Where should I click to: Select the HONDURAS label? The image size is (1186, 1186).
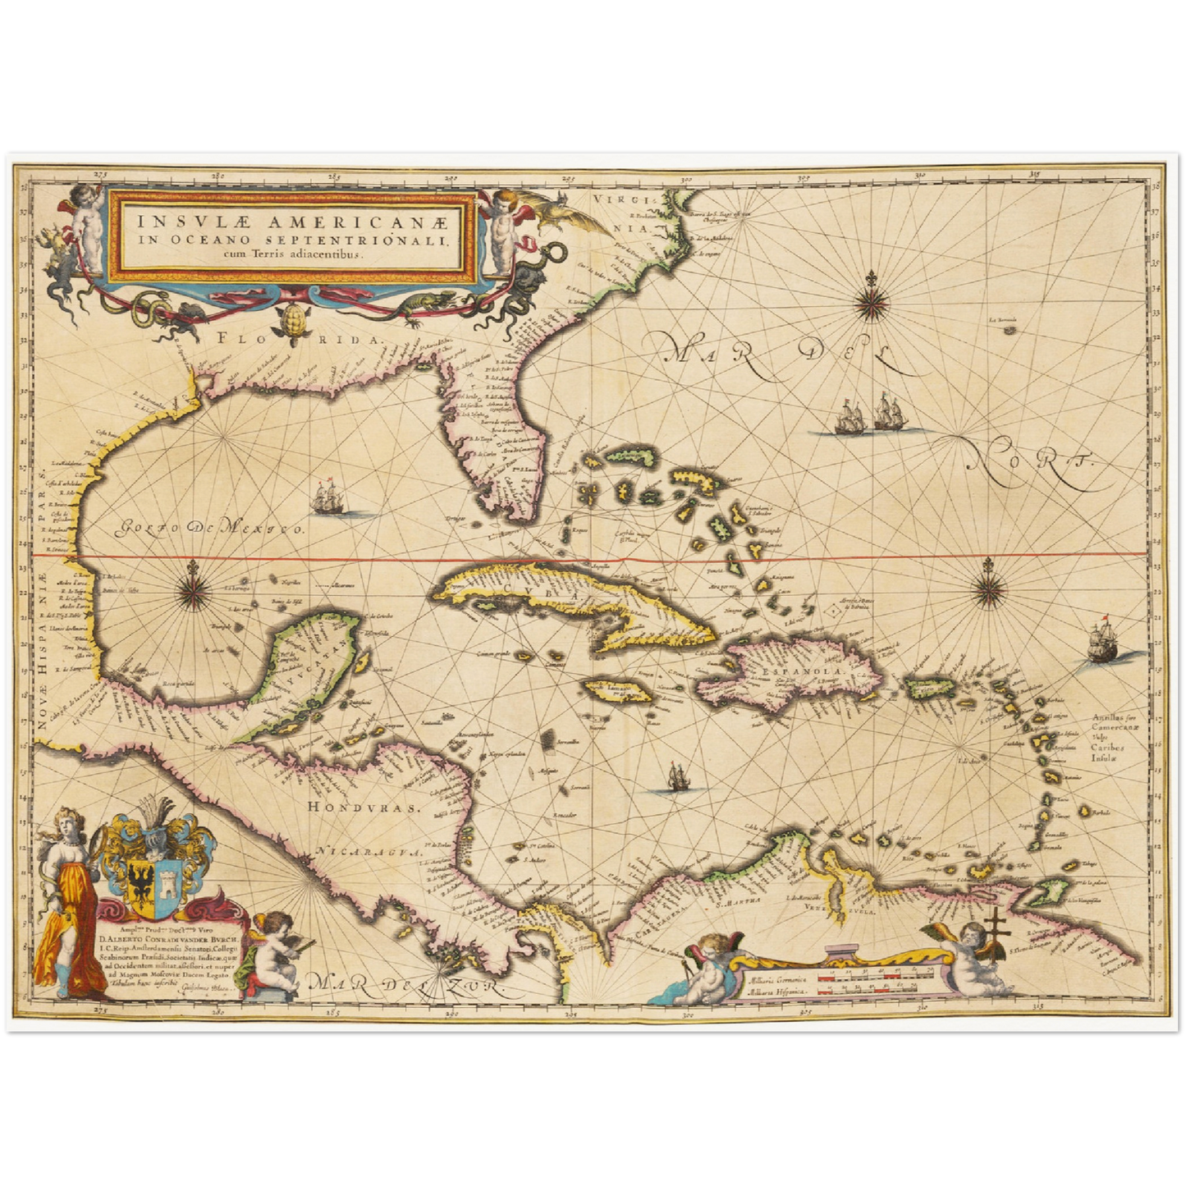364,807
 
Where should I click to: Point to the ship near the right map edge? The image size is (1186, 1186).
1104,643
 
